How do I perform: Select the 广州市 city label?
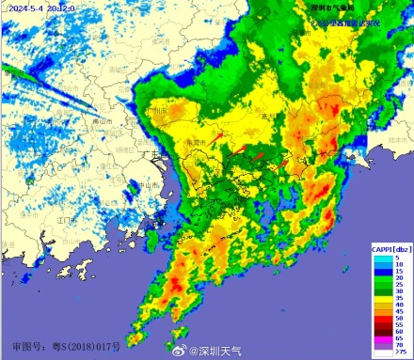tap(157, 111)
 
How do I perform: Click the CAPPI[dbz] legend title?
tap(390, 248)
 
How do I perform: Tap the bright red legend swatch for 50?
tap(381, 321)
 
